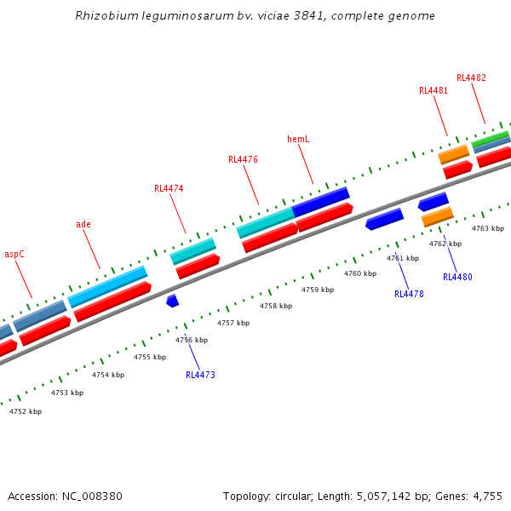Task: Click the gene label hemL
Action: click(x=298, y=139)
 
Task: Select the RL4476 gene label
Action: click(x=243, y=159)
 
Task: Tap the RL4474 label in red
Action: click(x=169, y=188)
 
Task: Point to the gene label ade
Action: click(x=83, y=224)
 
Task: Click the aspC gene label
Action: click(x=14, y=254)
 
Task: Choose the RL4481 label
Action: click(x=433, y=90)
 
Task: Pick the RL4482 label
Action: click(x=471, y=78)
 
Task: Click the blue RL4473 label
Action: click(x=200, y=375)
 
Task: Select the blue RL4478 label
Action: click(x=409, y=294)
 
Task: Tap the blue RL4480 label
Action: click(x=457, y=277)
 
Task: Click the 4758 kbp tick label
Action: click(x=276, y=306)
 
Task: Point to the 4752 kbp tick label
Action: click(x=26, y=411)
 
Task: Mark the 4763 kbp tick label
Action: click(x=488, y=228)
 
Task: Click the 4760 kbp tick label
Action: click(x=360, y=273)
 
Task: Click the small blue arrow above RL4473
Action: click(x=172, y=301)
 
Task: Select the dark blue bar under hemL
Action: click(x=321, y=201)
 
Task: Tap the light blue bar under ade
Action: click(x=107, y=286)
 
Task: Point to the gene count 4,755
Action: click(x=487, y=496)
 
